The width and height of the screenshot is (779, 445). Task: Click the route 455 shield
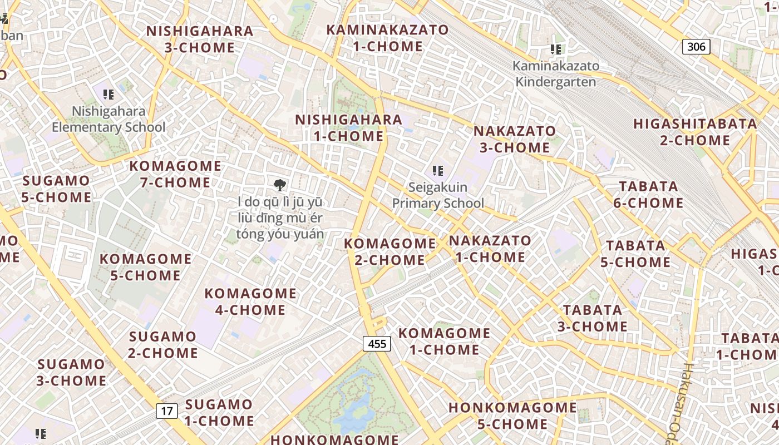coord(377,344)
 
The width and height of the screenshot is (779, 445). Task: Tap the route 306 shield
coord(696,47)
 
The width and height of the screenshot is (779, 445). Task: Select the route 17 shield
coord(166,411)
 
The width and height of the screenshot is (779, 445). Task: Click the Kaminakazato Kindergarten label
coord(555,74)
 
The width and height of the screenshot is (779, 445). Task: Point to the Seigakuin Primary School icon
coord(438,170)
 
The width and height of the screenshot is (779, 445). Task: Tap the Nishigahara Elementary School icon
coord(109,94)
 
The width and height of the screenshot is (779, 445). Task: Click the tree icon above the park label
coord(280,185)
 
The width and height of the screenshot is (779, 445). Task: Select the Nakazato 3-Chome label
coord(514,139)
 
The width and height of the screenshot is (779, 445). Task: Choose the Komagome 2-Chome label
coord(389,251)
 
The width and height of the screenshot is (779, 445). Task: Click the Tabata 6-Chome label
coord(648,195)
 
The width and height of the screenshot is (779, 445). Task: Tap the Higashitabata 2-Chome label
coord(695,132)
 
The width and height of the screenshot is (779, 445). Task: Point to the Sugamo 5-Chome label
coord(56,189)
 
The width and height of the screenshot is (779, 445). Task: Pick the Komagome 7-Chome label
coord(175,174)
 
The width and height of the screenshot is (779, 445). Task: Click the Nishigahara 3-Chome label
coord(200,39)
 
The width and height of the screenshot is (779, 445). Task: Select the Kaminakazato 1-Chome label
coord(387,38)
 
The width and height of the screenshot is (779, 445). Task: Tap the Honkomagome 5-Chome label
coord(512,416)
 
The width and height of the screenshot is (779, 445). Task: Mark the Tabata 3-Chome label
coord(593,318)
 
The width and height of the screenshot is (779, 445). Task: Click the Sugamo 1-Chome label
coord(219,412)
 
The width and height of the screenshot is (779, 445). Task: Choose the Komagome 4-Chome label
coord(250,301)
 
